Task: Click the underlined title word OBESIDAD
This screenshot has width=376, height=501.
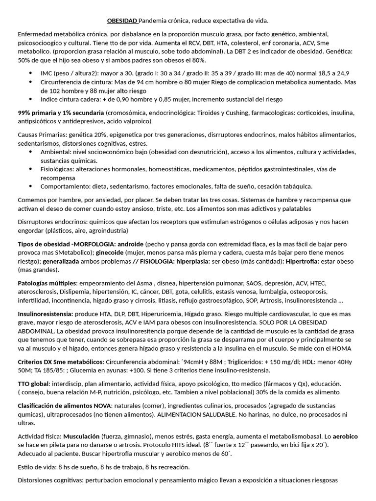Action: point(122,21)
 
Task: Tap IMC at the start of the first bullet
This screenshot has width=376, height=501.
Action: point(47,73)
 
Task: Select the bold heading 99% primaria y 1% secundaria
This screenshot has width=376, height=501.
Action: point(61,113)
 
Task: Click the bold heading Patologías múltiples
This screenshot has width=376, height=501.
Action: point(47,283)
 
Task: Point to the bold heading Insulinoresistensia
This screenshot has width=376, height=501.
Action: point(46,313)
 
